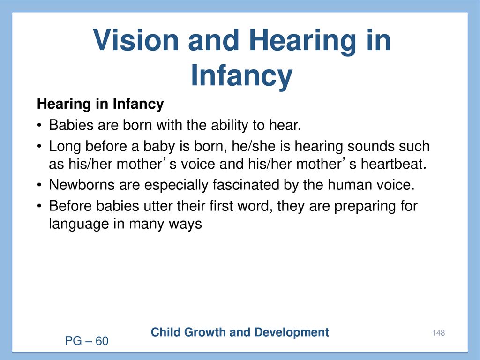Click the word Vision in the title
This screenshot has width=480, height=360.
coord(136,40)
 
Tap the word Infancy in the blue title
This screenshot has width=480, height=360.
coord(241,76)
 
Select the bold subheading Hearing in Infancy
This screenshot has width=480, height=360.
coord(100,104)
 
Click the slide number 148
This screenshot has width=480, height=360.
coord(438,333)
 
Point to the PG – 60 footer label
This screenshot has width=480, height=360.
coord(87,341)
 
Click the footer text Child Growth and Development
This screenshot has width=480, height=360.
coord(240,332)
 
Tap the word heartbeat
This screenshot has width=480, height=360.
coord(393,164)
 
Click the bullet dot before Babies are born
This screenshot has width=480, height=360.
coord(39,126)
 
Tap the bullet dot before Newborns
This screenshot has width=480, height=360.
coord(39,185)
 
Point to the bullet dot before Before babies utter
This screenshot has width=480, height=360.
coord(39,206)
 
